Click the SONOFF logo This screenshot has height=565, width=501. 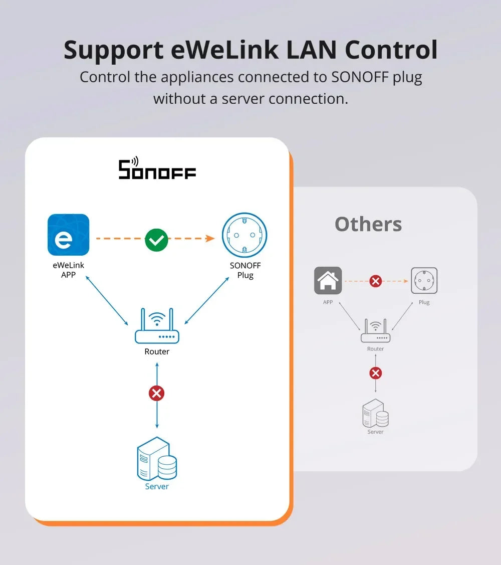pos(157,169)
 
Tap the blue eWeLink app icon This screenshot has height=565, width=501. pos(68,235)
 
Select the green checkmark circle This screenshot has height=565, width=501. pos(156,240)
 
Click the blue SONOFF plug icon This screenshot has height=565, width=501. pos(244,235)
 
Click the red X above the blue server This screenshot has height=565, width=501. pos(157,393)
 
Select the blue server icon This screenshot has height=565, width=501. pos(157,458)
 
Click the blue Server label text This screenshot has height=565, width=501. pos(157,486)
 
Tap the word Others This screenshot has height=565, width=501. pos(368,224)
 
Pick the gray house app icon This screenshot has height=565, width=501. pos(328,280)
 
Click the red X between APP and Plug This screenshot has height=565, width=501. pos(375,281)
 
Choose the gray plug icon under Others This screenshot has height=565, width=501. pos(424,280)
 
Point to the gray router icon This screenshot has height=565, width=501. pos(375,331)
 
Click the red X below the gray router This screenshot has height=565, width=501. pos(375,373)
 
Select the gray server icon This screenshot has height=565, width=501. pos(375,413)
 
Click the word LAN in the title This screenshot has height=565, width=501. pos(303,50)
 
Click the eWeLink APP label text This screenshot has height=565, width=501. pos(68,270)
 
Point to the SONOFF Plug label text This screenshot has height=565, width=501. pos(245,270)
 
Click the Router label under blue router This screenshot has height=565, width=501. pos(157,351)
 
